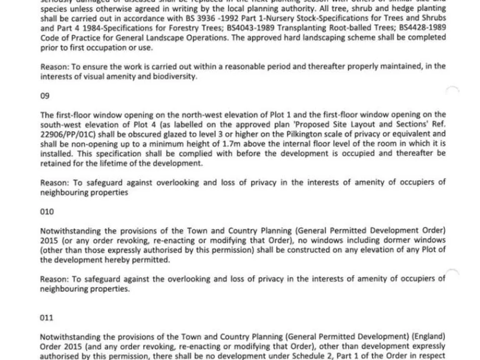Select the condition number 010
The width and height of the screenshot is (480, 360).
(x=47, y=212)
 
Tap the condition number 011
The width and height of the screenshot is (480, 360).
(x=47, y=317)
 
